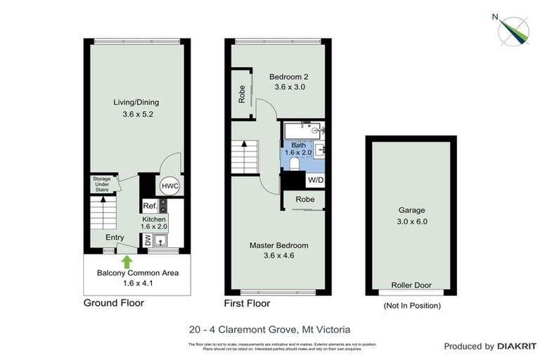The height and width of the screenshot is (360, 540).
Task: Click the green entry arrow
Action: point(127,260)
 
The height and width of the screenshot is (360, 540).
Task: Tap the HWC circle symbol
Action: point(169,186)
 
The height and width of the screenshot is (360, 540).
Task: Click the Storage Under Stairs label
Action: point(102,184)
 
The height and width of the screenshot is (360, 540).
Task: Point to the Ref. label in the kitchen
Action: point(148,206)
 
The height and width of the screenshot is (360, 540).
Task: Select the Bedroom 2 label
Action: point(289,77)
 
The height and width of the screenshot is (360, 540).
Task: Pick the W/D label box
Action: point(315,180)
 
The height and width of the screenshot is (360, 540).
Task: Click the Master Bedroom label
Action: point(279,245)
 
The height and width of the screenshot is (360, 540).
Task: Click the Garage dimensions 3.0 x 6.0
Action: point(411,221)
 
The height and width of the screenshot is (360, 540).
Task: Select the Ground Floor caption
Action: point(113,304)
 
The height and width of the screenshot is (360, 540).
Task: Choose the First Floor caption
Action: point(247,304)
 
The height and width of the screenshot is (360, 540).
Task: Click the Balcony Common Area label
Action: point(137,273)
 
